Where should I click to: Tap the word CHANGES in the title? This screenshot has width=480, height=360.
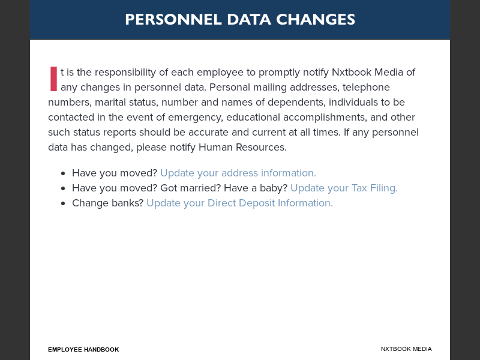316,19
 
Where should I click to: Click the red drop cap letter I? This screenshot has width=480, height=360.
53,79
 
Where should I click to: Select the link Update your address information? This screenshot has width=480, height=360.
238,173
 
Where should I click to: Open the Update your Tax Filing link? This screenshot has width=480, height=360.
344,188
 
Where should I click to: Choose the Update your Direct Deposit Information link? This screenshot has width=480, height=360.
239,203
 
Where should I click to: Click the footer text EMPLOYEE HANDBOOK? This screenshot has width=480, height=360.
83,349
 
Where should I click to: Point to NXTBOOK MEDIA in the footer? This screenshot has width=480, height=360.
406,349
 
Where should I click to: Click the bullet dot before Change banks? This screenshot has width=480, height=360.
63,203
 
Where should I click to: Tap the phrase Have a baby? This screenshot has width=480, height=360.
256,188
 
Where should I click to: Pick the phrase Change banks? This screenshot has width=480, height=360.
107,203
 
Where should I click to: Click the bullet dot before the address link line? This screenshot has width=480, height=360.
63,173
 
